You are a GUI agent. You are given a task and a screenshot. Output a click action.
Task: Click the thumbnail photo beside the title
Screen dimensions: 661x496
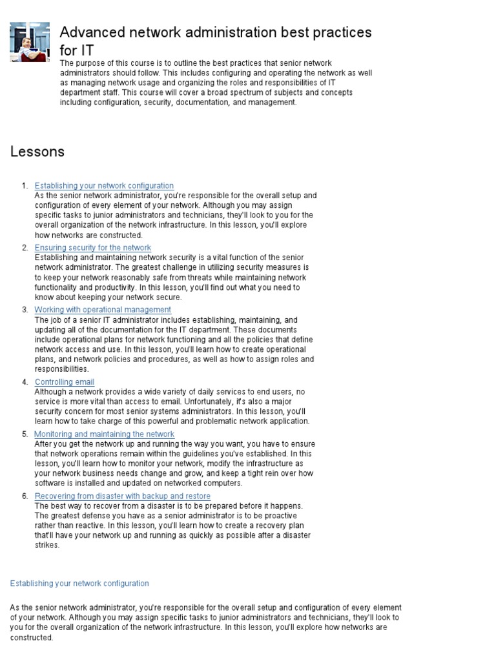(30, 42)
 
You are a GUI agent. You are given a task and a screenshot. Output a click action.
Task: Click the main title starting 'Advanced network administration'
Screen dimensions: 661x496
(216, 32)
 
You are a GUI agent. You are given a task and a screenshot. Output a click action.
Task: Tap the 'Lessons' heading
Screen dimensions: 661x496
(37, 152)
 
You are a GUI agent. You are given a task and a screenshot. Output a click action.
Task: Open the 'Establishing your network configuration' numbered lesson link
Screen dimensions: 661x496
(104, 186)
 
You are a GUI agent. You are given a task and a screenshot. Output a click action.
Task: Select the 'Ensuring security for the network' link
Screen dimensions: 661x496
(93, 248)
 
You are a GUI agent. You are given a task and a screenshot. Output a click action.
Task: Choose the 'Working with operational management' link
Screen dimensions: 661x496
(103, 310)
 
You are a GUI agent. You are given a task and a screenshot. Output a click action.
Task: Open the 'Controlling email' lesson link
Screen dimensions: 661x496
(65, 382)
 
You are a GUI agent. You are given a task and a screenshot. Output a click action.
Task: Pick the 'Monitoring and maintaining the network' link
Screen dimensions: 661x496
(104, 434)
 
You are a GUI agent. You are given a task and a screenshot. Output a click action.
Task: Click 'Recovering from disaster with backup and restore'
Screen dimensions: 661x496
(123, 496)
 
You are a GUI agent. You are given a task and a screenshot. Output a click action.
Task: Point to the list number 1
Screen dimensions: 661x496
(25, 186)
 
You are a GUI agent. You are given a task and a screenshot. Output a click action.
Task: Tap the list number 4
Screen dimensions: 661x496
(25, 382)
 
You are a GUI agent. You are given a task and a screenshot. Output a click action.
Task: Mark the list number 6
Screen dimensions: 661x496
(25, 496)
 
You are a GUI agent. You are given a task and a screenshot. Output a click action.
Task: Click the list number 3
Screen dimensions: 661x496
(25, 310)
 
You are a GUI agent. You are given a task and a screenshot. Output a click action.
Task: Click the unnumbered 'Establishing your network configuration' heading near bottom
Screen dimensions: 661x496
(79, 584)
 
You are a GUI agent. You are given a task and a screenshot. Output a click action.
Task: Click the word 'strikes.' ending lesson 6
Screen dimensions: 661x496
(47, 545)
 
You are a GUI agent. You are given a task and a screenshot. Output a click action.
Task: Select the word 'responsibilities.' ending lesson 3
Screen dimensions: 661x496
(62, 369)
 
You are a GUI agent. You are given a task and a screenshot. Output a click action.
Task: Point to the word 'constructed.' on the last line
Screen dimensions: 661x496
(32, 638)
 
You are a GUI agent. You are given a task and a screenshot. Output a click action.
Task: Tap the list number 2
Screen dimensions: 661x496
(25, 248)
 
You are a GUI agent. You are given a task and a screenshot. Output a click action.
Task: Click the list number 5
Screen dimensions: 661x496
(25, 434)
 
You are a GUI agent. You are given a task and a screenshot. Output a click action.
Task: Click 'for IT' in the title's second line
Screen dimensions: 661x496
(77, 50)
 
